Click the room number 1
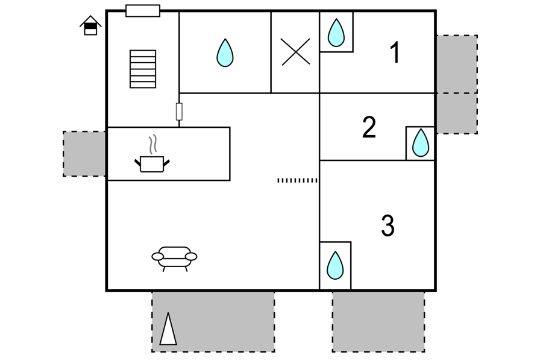(395, 52)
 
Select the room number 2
(369, 127)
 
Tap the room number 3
(388, 226)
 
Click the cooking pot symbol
(152, 163)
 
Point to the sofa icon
(174, 259)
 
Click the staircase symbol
(143, 69)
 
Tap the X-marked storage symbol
(295, 52)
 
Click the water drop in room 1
(336, 33)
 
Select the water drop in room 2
(421, 143)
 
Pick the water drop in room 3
(335, 265)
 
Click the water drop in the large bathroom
(225, 52)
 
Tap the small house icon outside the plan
(90, 25)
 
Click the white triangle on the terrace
(168, 329)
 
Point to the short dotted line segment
(297, 180)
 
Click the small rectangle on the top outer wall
(143, 11)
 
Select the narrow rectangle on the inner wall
(179, 112)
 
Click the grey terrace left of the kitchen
(84, 154)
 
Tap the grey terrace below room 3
(378, 321)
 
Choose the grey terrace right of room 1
(457, 64)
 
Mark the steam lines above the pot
(153, 144)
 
